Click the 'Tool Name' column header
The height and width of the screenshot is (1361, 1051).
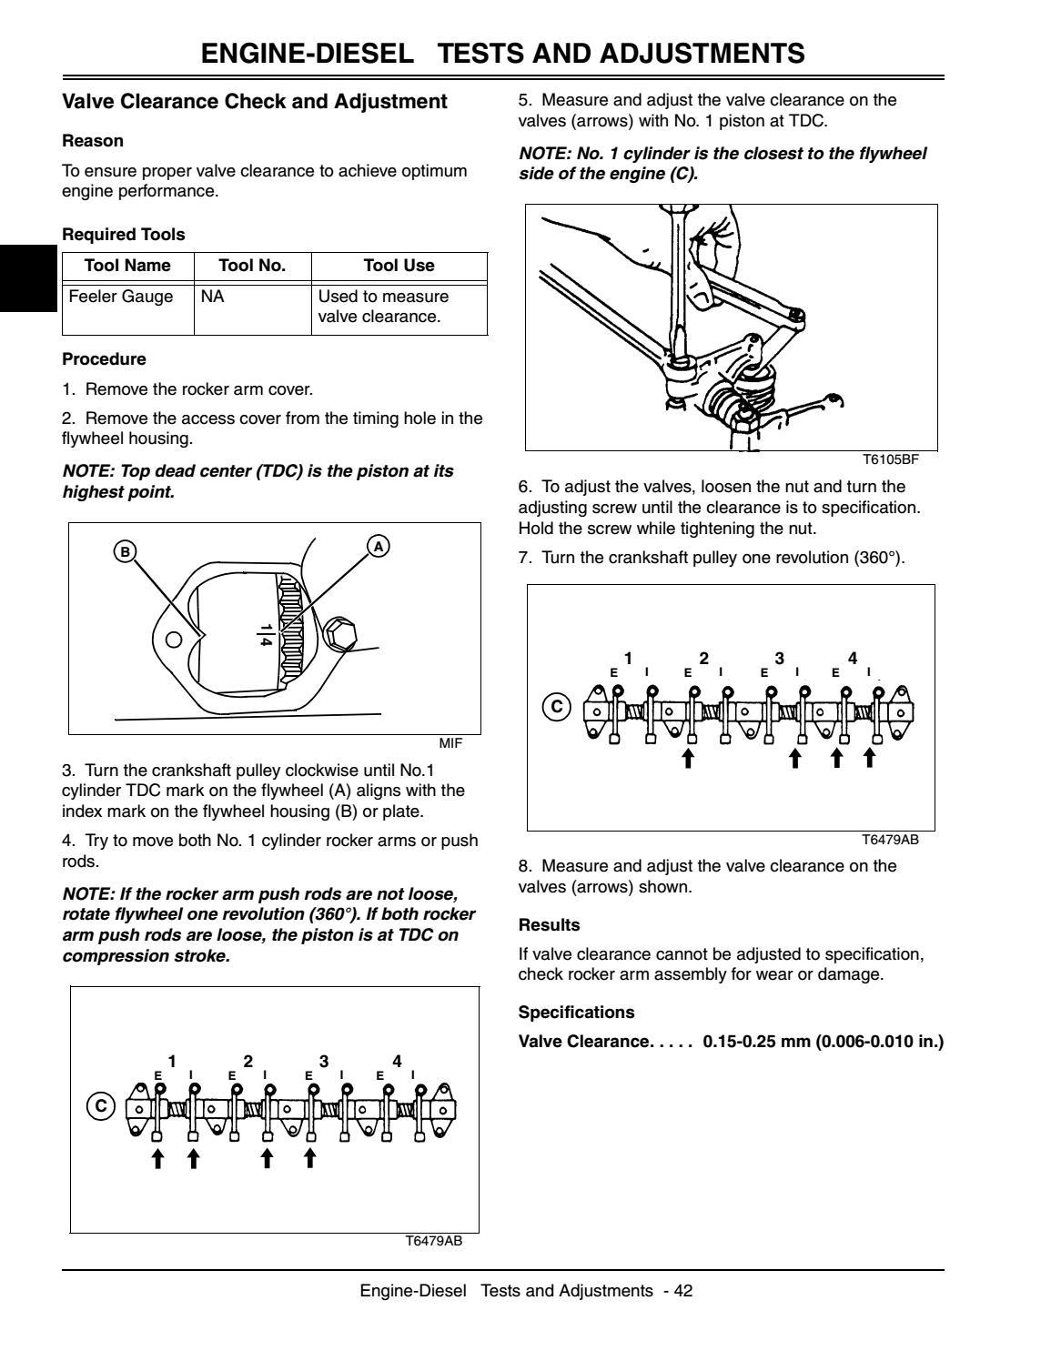(x=127, y=266)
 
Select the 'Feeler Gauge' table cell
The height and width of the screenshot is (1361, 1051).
(x=121, y=297)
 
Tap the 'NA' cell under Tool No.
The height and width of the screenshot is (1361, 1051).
(x=212, y=297)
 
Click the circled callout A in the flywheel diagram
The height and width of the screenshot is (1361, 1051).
(x=378, y=545)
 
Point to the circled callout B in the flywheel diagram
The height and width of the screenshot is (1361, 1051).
(x=125, y=550)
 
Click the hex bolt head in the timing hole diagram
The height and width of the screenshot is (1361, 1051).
(x=339, y=633)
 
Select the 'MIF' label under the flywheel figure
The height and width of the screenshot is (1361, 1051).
(x=450, y=743)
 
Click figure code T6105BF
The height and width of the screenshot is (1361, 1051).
(x=890, y=459)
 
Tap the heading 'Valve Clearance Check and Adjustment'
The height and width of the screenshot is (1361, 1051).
(x=255, y=102)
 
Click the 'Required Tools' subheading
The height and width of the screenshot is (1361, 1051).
(x=123, y=235)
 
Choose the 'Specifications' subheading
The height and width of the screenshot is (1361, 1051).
(x=576, y=1013)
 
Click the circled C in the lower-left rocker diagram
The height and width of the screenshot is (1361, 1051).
(x=100, y=1106)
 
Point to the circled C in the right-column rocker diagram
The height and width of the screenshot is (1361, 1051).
(x=556, y=706)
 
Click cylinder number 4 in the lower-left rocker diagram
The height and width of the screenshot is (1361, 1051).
(x=397, y=1062)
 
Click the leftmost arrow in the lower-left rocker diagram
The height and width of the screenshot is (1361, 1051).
(x=157, y=1158)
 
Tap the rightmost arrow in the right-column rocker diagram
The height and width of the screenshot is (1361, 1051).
(x=870, y=757)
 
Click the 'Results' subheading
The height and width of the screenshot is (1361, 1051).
(x=549, y=925)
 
